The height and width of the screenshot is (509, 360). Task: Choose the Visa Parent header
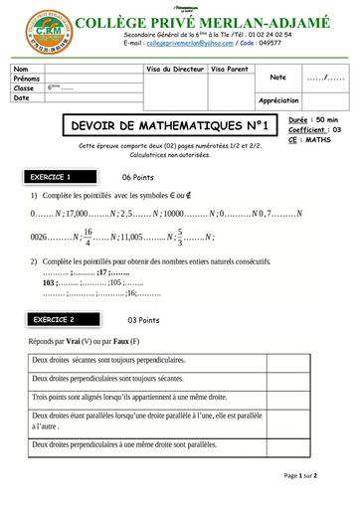pyautogui.click(x=231, y=69)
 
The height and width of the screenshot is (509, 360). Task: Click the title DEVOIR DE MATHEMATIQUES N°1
pyautogui.click(x=165, y=126)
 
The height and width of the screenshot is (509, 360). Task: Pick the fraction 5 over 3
pyautogui.click(x=179, y=238)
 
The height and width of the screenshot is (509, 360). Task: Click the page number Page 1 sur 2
pyautogui.click(x=300, y=475)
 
